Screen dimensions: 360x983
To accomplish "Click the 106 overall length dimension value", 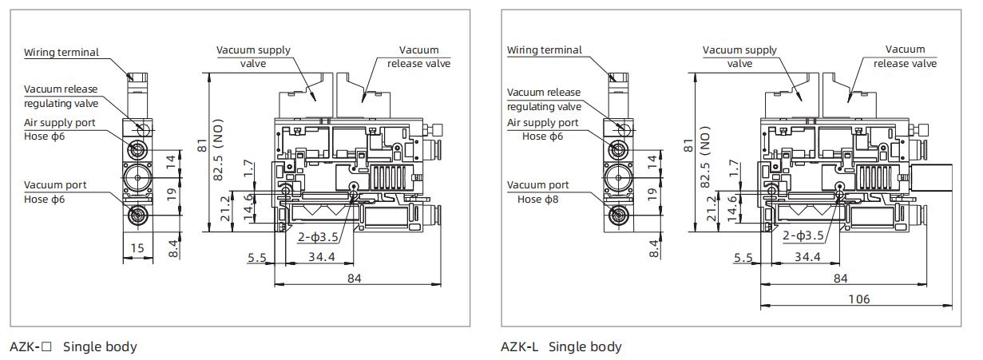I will (859, 299).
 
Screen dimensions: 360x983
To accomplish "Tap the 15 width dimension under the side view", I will (137, 248).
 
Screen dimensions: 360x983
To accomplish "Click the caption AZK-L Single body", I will (561, 346).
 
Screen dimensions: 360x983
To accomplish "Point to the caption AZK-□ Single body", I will (73, 346).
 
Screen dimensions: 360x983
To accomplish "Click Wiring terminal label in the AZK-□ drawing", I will (61, 53).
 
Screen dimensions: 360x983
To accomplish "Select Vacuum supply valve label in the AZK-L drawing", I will (739, 57).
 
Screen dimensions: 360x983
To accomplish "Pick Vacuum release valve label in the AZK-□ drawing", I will (418, 57).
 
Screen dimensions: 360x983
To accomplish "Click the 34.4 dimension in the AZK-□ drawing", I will (322, 256).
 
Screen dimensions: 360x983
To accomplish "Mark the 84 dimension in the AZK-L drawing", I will (840, 278).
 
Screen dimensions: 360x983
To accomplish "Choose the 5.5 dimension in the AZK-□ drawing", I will (256, 257).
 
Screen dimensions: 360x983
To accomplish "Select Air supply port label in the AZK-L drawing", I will (542, 122).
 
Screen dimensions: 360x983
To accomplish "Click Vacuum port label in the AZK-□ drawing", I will (55, 185).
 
